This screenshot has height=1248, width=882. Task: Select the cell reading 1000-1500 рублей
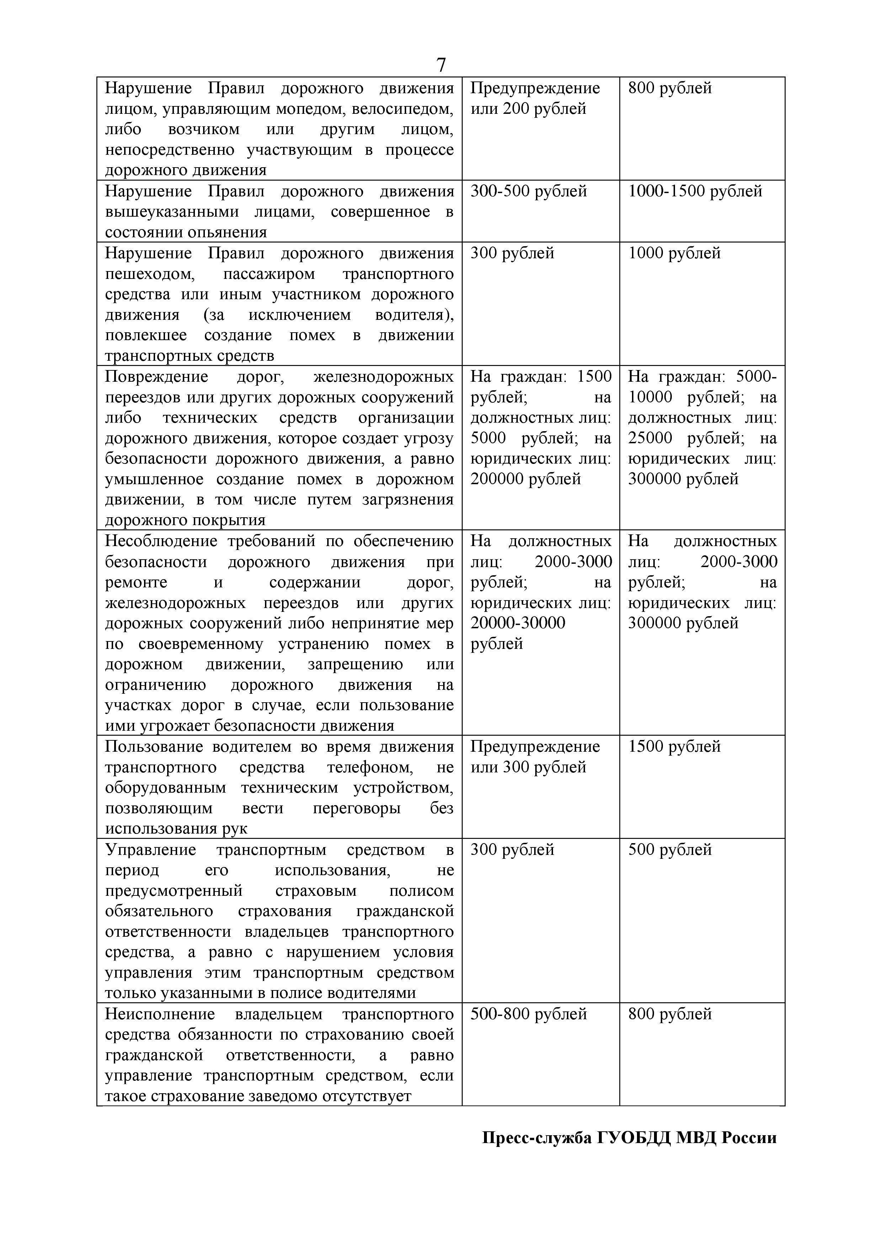click(x=695, y=191)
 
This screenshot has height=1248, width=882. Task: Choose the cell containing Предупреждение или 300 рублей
click(x=535, y=757)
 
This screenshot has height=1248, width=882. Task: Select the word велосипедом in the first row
click(x=402, y=109)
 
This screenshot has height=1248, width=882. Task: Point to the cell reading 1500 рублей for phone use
click(x=674, y=746)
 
